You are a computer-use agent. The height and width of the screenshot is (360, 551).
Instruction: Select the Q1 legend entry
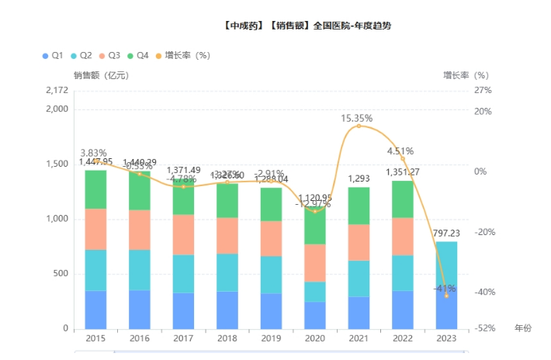pyautogui.click(x=52, y=55)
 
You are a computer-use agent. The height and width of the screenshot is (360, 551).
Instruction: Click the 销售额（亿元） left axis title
pyautogui.click(x=101, y=75)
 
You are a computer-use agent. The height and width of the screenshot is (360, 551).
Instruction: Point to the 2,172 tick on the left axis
pyautogui.click(x=57, y=91)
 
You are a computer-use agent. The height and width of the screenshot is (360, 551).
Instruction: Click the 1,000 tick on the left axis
pyautogui.click(x=57, y=219)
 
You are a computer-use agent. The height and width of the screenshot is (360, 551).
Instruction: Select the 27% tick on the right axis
pyautogui.click(x=483, y=91)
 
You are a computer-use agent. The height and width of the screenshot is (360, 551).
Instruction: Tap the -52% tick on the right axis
pyautogui.click(x=483, y=328)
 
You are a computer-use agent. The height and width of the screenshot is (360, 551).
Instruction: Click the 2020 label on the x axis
pyautogui.click(x=314, y=339)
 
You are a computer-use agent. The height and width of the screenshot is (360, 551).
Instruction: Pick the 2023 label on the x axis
pyautogui.click(x=445, y=339)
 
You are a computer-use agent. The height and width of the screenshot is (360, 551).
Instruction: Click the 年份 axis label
pyautogui.click(x=523, y=328)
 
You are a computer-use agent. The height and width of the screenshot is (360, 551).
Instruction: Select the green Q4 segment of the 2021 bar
pyautogui.click(x=359, y=206)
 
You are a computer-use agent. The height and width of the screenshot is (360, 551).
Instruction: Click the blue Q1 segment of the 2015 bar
pyautogui.click(x=95, y=309)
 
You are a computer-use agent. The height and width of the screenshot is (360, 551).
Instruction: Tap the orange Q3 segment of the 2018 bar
pyautogui.click(x=227, y=236)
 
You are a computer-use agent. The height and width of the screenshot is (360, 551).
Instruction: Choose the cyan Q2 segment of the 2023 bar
pyautogui.click(x=445, y=264)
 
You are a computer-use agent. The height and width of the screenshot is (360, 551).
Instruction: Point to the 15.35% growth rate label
pyautogui.click(x=357, y=119)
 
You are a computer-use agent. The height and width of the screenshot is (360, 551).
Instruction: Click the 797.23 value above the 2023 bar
pyautogui.click(x=445, y=233)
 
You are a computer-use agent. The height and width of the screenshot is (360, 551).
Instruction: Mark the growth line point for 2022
pyautogui.click(x=402, y=158)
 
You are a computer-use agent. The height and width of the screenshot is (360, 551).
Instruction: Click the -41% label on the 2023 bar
pyautogui.click(x=445, y=288)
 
